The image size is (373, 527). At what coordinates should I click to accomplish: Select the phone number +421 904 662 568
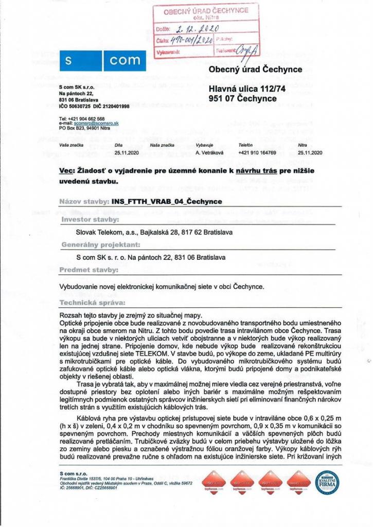point(85,119)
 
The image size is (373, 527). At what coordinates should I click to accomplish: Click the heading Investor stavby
point(90,219)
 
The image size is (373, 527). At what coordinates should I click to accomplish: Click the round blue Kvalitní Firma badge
point(327,483)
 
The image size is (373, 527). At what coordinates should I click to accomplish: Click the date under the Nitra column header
point(310,153)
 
